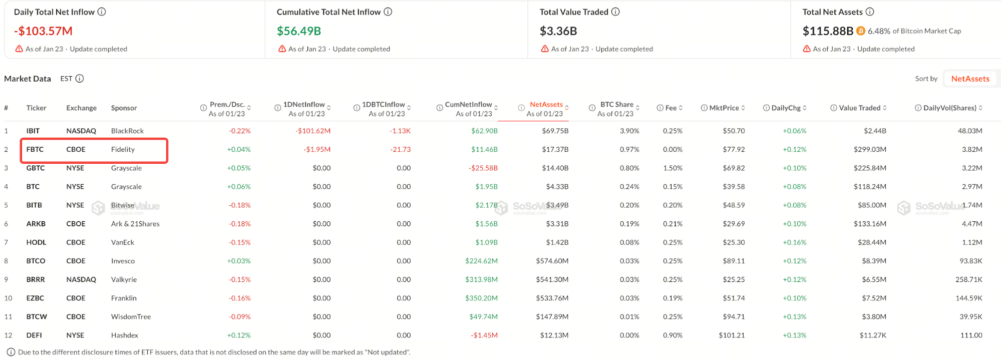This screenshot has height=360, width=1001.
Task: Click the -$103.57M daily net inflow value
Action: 43,31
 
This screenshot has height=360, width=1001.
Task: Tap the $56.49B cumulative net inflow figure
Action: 299,31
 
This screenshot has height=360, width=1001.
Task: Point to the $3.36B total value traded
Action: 558,31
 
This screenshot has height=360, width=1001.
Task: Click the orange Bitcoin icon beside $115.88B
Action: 861,31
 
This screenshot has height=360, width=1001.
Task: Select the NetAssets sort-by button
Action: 970,79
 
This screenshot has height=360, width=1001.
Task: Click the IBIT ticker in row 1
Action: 33,131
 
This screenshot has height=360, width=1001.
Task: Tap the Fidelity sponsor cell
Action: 123,149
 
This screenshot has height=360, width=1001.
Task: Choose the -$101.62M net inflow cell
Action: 313,131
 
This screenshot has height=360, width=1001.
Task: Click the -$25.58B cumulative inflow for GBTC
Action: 483,168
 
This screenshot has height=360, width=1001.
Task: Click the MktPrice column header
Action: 724,108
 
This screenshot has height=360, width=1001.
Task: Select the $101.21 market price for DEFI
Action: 732,335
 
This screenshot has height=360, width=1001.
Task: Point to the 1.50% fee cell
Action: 673,168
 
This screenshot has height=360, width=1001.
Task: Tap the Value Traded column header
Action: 859,108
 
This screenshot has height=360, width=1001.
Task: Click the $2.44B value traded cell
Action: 875,131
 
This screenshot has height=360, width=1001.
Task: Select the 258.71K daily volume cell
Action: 968,279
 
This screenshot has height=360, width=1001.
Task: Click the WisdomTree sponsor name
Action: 131,316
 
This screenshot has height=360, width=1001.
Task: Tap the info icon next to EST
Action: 80,79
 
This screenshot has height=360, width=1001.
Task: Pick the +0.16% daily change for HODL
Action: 795,242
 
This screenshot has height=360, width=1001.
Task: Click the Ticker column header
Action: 36,108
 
